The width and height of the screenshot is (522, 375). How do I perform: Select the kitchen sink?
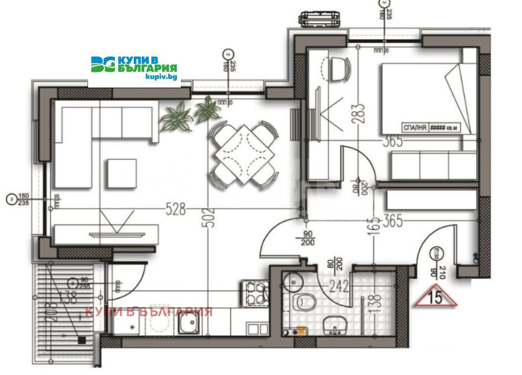[x=190, y=325]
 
